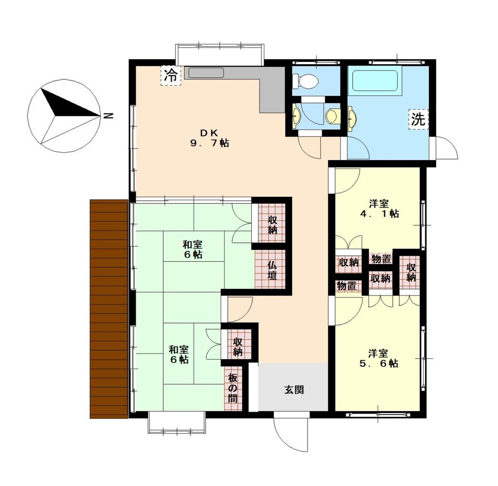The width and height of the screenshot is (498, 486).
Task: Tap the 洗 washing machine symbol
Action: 418,120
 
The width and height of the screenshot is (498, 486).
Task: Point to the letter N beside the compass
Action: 108,115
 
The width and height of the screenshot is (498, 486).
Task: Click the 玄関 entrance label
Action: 293,390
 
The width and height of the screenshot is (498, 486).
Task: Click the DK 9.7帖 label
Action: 210,138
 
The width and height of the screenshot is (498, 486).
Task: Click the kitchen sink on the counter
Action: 206,73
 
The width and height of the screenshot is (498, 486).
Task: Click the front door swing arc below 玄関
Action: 291,434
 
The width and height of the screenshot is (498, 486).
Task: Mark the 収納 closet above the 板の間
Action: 237,347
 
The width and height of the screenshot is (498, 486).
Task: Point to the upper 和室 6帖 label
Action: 193,249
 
